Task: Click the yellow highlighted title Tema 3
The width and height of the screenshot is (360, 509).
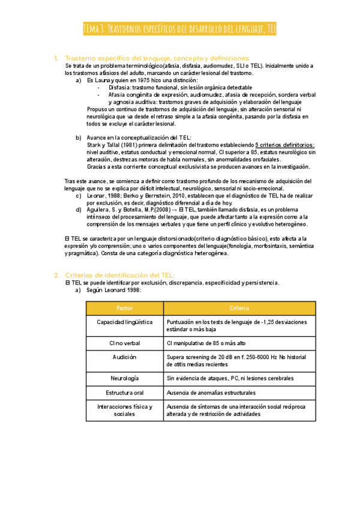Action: (x=179, y=29)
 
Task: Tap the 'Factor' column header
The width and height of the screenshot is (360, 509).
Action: (x=125, y=308)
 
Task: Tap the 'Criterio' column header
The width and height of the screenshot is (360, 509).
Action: (x=239, y=308)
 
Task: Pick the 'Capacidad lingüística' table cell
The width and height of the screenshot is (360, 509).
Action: (x=125, y=322)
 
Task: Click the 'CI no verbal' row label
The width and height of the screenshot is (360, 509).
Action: (x=125, y=343)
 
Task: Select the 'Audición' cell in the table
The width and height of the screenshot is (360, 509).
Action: (x=125, y=357)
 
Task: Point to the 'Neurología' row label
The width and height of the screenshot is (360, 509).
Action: (x=125, y=379)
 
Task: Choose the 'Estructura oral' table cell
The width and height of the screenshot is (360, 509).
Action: (x=125, y=393)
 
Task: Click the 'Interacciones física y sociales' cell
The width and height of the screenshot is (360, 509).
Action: (x=125, y=411)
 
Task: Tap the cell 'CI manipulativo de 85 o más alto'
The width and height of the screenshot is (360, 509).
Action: (x=206, y=343)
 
